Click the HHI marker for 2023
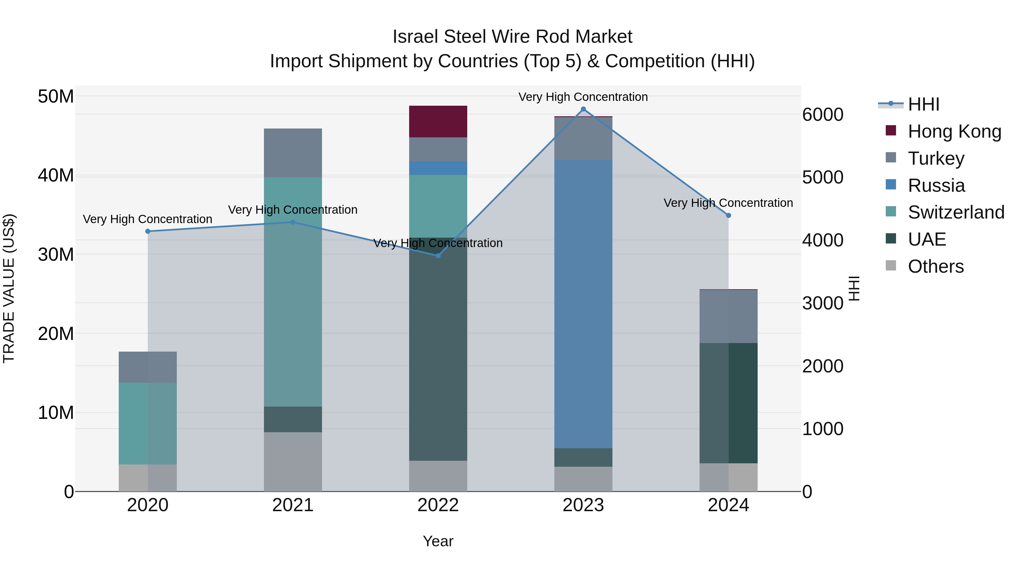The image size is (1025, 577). pyautogui.click(x=583, y=109)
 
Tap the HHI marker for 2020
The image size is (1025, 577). pyautogui.click(x=147, y=231)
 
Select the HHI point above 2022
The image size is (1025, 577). pyautogui.click(x=438, y=256)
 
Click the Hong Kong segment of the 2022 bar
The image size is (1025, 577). pyautogui.click(x=438, y=121)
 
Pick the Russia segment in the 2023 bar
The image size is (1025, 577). pyautogui.click(x=583, y=304)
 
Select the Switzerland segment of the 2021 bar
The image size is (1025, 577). pyautogui.click(x=293, y=291)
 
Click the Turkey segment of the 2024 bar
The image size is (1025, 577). pyautogui.click(x=729, y=316)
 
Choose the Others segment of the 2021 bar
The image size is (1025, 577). pyautogui.click(x=293, y=462)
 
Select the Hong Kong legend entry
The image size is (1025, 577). pyautogui.click(x=954, y=131)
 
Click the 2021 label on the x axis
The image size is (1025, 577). pyautogui.click(x=293, y=505)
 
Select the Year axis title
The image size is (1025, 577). pyautogui.click(x=438, y=541)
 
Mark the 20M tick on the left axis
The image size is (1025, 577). pyautogui.click(x=56, y=334)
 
